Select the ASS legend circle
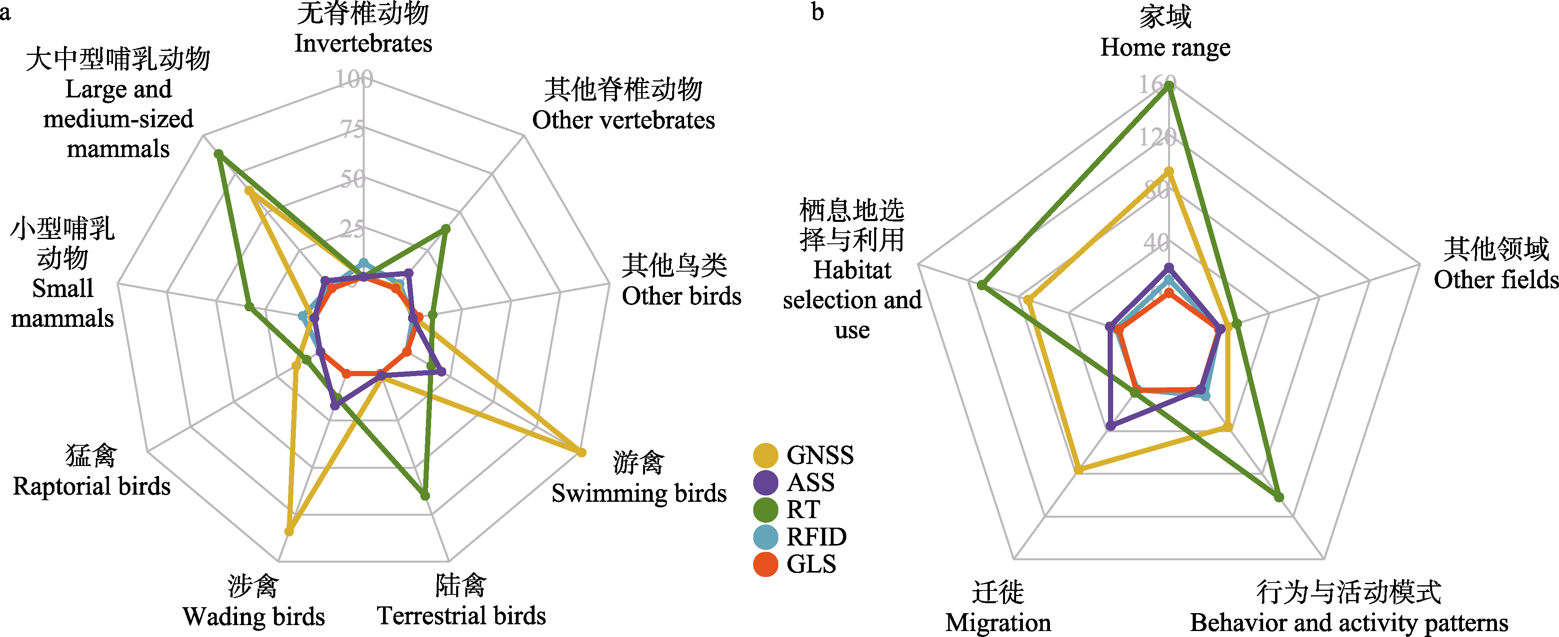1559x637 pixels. point(766,483)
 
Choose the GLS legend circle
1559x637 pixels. point(766,564)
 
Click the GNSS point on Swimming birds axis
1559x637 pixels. point(581,452)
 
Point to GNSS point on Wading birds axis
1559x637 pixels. point(289,532)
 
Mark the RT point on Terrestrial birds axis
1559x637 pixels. point(425,495)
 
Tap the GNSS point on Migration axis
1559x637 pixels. point(1078,470)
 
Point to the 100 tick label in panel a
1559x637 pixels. point(355,79)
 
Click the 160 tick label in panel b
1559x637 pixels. point(1157,84)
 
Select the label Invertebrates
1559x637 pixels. point(363,44)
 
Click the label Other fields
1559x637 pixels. point(1495,280)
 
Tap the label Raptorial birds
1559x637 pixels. point(92,486)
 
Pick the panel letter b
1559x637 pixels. point(818,12)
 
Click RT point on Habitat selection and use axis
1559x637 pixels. point(982,285)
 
